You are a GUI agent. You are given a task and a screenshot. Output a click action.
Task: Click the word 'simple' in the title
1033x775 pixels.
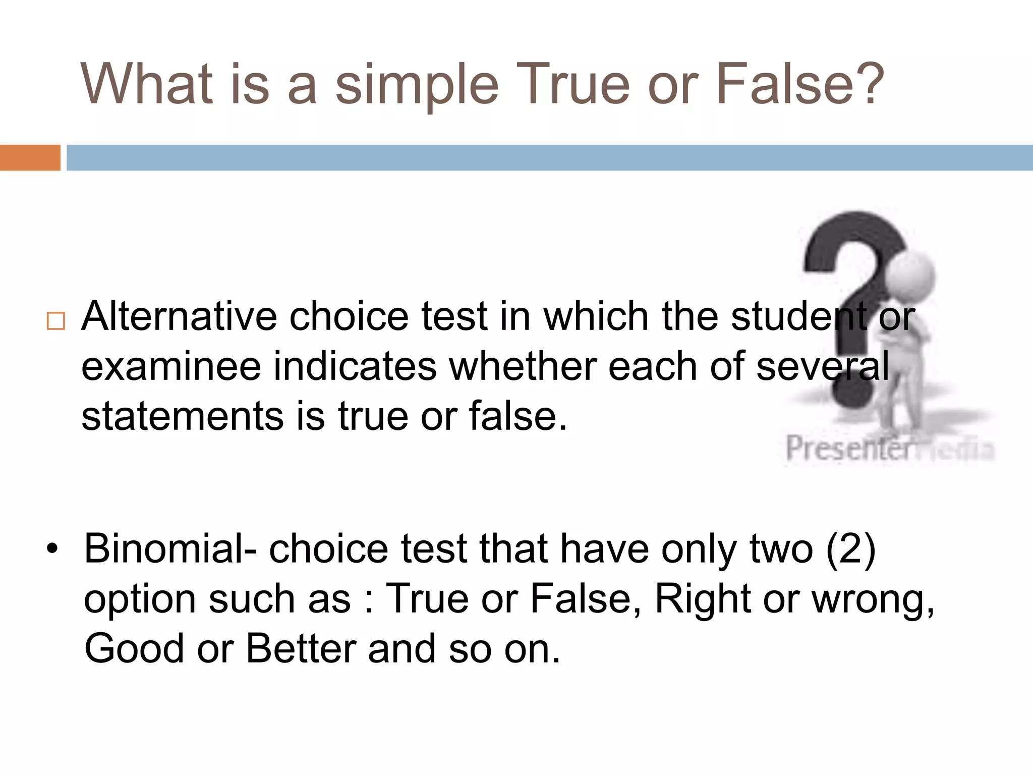pos(417,85)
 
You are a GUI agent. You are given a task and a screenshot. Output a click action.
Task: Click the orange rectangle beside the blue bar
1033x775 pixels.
pos(30,157)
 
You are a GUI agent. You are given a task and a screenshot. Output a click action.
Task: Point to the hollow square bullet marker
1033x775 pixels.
pos(55,321)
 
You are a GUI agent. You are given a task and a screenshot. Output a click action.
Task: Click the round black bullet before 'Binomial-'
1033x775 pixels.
pos(52,548)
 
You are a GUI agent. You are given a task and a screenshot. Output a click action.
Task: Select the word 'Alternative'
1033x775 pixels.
pos(179,316)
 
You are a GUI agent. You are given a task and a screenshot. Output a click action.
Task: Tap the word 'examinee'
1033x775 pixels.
pos(171,367)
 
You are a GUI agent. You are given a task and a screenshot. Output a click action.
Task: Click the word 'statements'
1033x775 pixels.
pos(183,416)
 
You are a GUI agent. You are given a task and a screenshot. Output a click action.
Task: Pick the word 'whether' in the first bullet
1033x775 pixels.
pos(522,367)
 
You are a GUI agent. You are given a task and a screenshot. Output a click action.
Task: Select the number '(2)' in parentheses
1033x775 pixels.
pos(850,548)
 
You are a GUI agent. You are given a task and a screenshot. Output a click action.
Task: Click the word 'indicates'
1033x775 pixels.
pos(355,367)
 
